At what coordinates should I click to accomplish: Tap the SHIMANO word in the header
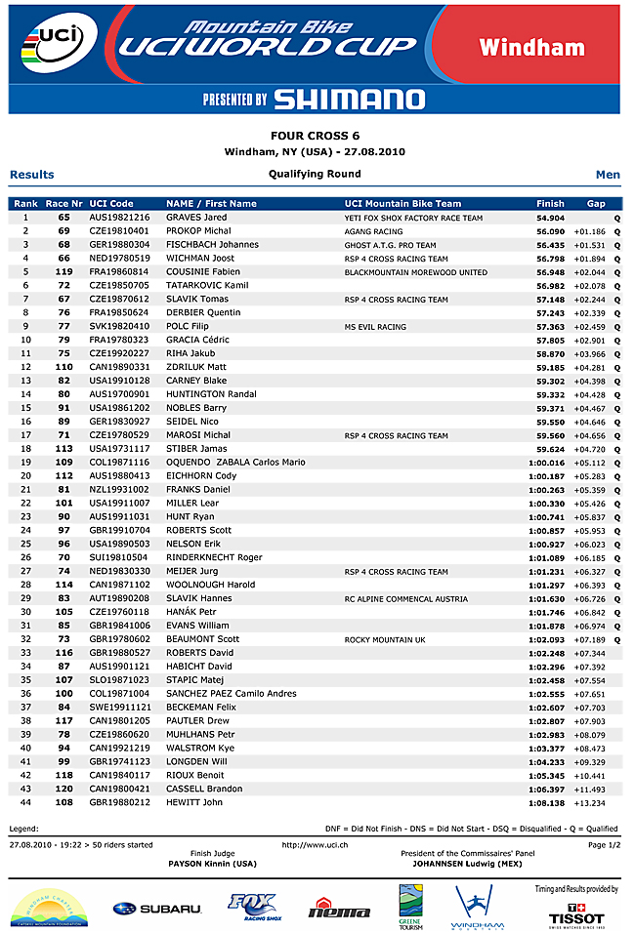[x=349, y=99]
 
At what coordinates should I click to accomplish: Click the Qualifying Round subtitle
[x=315, y=174]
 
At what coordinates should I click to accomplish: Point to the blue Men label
[x=608, y=175]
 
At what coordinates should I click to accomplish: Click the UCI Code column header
[x=111, y=203]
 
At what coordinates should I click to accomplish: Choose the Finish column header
[x=550, y=203]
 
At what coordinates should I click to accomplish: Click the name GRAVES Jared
[x=196, y=218]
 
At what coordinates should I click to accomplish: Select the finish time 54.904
[x=551, y=218]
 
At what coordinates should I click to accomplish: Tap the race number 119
[x=64, y=271]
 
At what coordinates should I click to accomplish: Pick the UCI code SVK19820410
[x=119, y=326]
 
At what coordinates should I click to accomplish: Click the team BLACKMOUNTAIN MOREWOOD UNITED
[x=415, y=272]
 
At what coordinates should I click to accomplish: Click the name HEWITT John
[x=194, y=802]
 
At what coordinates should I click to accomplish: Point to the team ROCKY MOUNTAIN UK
[x=385, y=639]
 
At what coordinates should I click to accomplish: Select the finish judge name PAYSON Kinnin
[x=212, y=864]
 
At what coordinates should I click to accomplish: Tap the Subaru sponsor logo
[x=157, y=909]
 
